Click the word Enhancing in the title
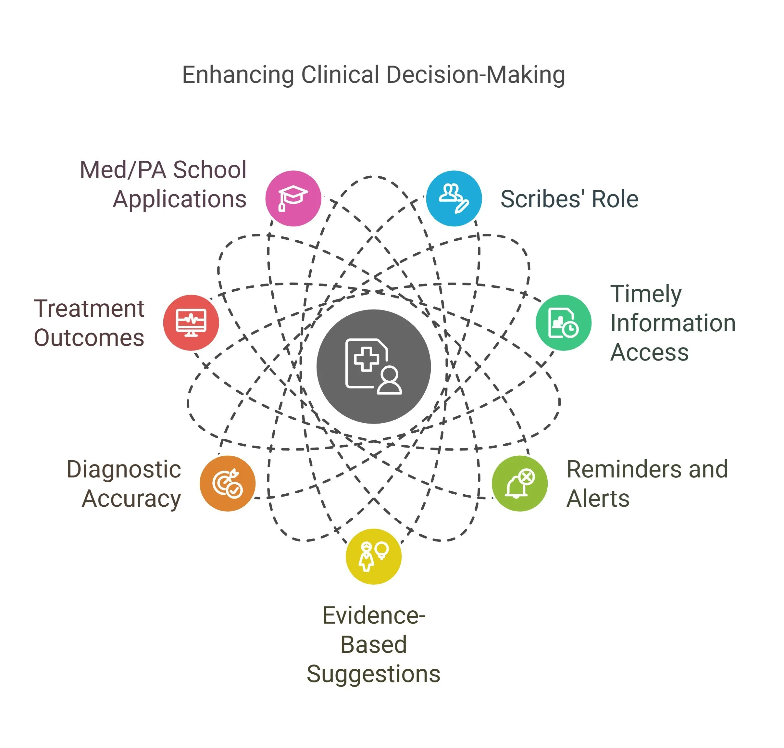[x=238, y=75]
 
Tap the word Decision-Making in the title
[x=476, y=75]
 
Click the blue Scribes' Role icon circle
[x=454, y=198]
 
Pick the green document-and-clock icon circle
[x=563, y=323]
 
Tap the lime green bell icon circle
[x=519, y=483]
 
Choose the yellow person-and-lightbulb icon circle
[x=373, y=557]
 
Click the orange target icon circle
[x=227, y=483]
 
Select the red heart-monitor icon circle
[x=191, y=323]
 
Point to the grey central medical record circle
[x=373, y=366]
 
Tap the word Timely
[x=646, y=294]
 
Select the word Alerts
[x=598, y=499]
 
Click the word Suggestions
[x=373, y=674]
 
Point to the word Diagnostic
[x=124, y=469]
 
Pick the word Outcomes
[x=89, y=338]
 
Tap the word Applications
[x=179, y=199]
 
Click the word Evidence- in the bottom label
[x=373, y=615]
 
